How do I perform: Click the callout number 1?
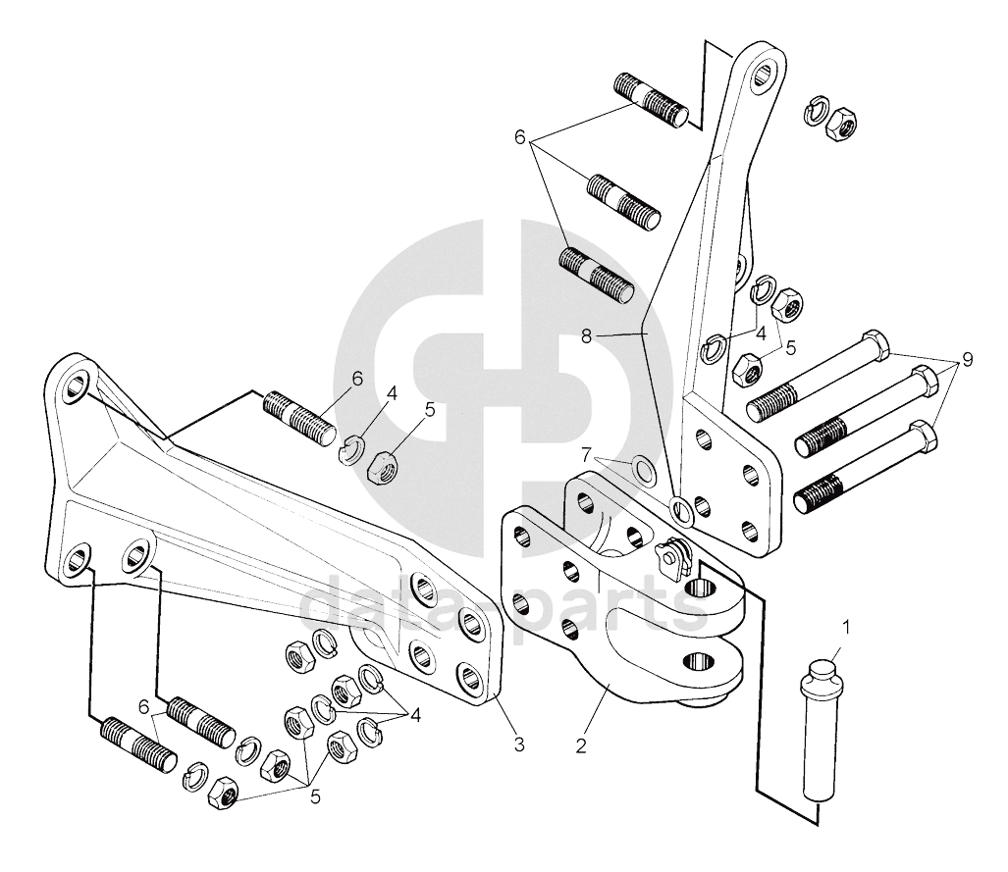[846, 625]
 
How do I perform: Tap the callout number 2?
[581, 745]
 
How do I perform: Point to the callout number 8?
[586, 334]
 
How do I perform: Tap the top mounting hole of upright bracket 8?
[766, 71]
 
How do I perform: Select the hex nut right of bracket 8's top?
[842, 125]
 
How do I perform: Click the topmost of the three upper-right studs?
[651, 99]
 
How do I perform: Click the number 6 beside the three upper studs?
[520, 137]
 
